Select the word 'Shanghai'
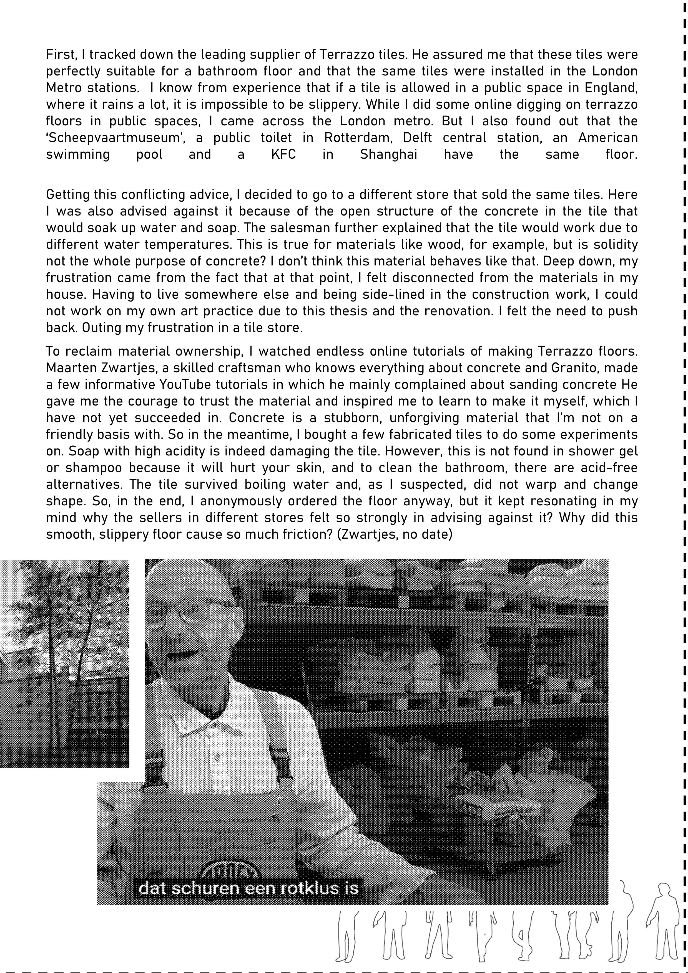(388, 154)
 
